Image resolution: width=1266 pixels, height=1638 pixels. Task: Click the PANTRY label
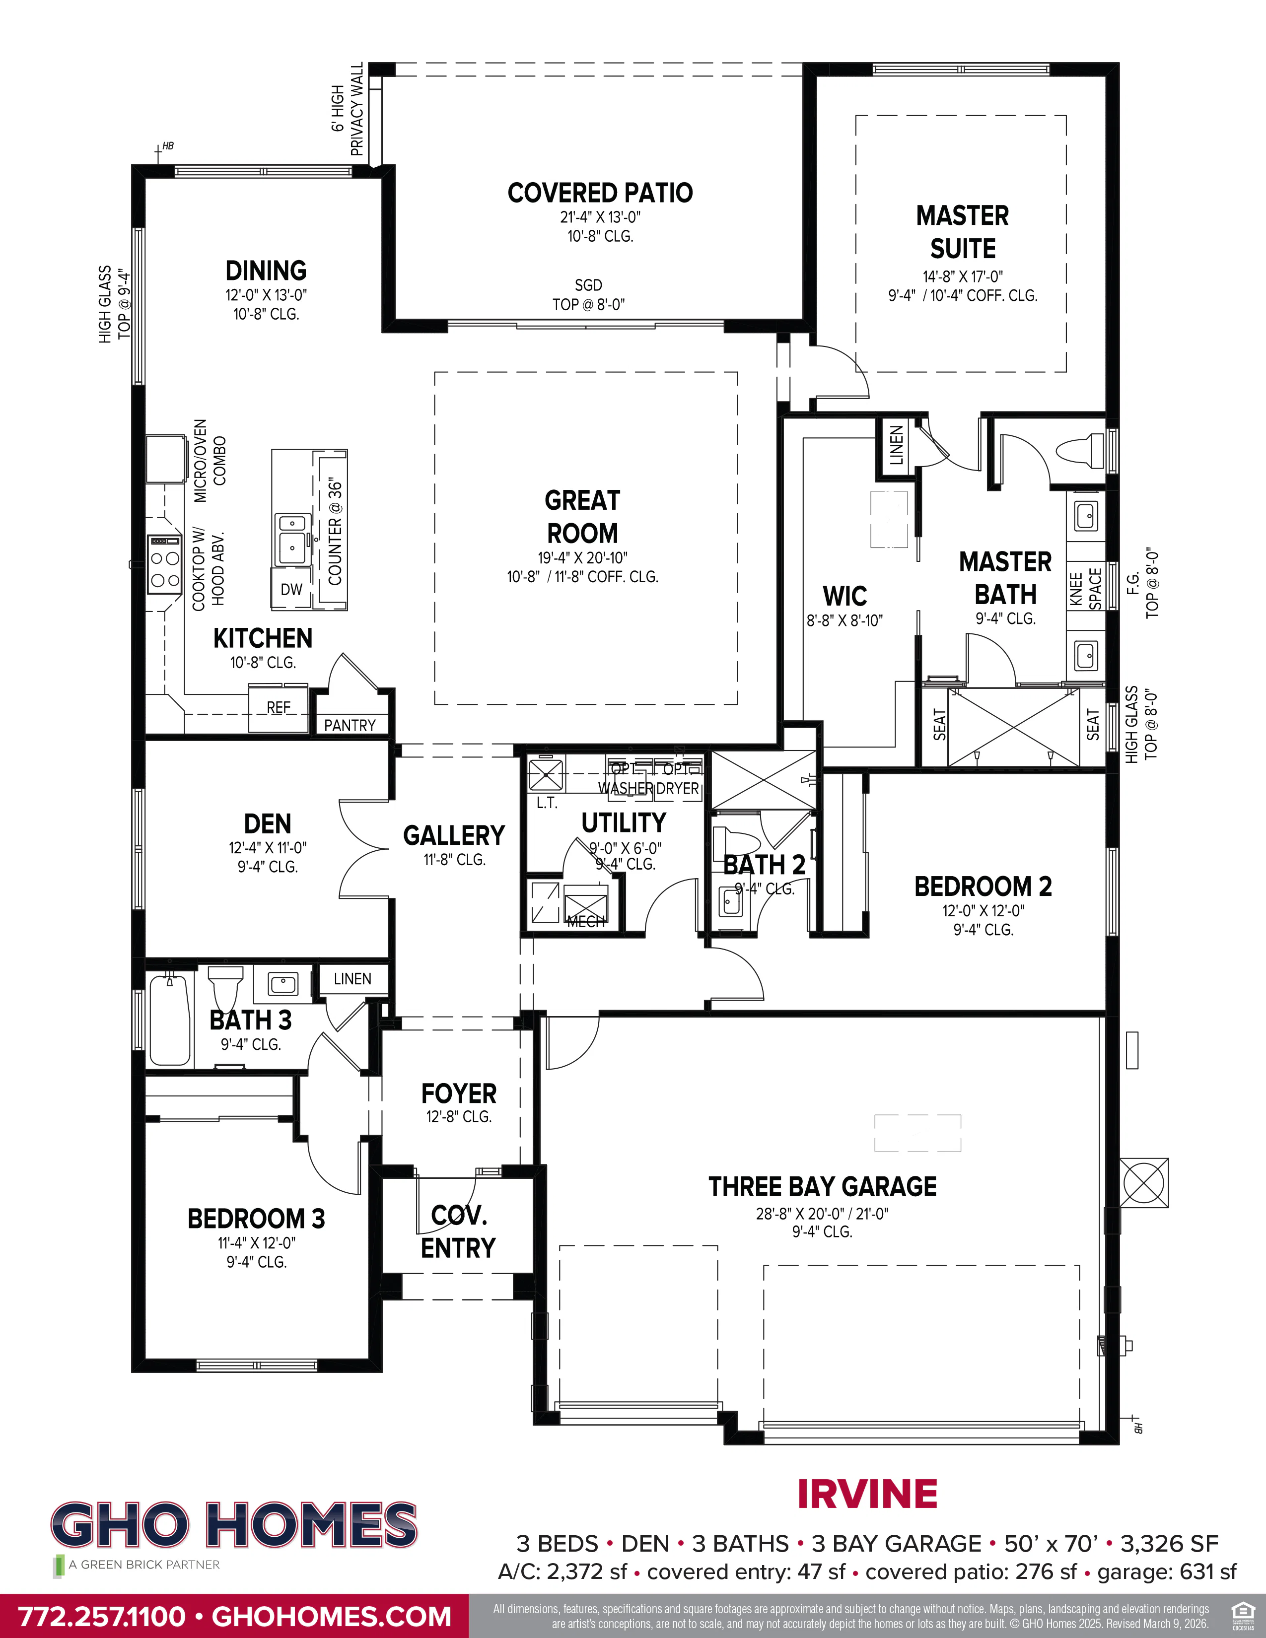pyautogui.click(x=350, y=725)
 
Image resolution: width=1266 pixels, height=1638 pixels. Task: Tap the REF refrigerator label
pyautogui.click(x=278, y=707)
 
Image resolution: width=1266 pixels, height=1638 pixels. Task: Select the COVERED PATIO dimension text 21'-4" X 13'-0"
pyautogui.click(x=600, y=217)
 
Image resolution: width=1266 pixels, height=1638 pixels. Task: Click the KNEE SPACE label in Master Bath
pyautogui.click(x=1085, y=589)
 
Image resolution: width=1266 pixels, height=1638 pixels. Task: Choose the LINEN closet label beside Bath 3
pyautogui.click(x=352, y=979)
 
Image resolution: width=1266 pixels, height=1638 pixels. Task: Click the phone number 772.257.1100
pyautogui.click(x=101, y=1616)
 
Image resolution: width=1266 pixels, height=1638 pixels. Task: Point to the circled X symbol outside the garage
pyautogui.click(x=1144, y=1183)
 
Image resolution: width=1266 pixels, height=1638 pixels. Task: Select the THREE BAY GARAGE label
pyautogui.click(x=822, y=1186)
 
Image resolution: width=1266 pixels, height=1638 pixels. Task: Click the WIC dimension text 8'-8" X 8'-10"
pyautogui.click(x=844, y=620)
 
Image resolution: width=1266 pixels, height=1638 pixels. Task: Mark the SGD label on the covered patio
pyautogui.click(x=588, y=285)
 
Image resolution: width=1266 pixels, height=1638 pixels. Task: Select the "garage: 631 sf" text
pyautogui.click(x=1166, y=1572)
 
